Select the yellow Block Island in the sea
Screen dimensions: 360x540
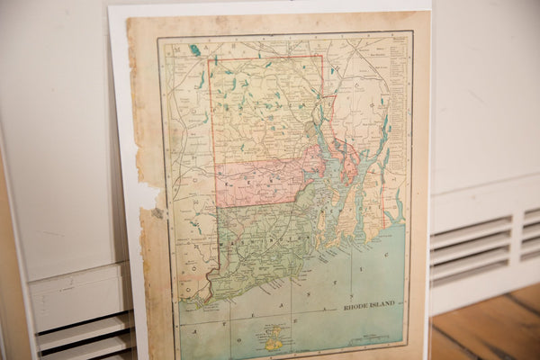[273, 339]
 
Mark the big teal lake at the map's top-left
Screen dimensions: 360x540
[194, 50]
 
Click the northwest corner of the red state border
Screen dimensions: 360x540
[209, 59]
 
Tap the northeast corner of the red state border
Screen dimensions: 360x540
[321, 56]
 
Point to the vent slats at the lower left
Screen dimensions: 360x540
[85, 337]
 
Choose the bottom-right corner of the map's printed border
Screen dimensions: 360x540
[405, 346]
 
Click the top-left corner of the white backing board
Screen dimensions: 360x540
[109, 7]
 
